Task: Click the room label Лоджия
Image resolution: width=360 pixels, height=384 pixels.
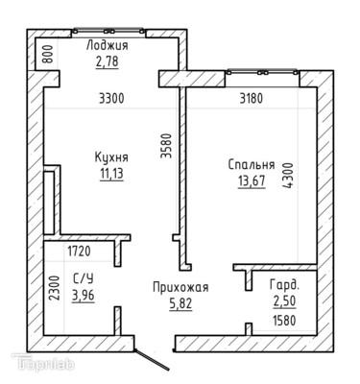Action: [108, 46]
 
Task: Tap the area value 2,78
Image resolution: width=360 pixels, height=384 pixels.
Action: [108, 60]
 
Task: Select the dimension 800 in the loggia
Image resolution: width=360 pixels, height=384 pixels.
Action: [48, 54]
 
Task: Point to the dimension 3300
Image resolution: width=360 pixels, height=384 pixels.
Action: [111, 99]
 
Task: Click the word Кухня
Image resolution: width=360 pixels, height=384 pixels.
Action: [111, 157]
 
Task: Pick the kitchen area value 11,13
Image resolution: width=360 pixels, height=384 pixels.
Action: [111, 174]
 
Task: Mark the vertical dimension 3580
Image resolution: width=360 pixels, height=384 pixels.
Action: [167, 146]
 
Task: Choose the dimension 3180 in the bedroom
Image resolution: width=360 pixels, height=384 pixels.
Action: [252, 99]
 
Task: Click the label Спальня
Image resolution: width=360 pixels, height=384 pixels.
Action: [252, 165]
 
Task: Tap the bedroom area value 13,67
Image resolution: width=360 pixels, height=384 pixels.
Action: [252, 181]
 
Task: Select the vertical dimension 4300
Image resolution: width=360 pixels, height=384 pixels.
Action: [288, 176]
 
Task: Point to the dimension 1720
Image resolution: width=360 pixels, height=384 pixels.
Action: [79, 252]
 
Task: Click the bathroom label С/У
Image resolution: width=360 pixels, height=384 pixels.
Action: [84, 279]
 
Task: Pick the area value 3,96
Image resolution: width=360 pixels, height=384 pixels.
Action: [84, 296]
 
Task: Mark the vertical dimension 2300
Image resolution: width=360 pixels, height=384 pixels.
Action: [55, 288]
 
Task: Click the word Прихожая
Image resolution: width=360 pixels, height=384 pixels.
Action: [180, 287]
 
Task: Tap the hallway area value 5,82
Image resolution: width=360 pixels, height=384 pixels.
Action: [180, 303]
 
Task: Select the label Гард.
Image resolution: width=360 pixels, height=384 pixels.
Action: [284, 285]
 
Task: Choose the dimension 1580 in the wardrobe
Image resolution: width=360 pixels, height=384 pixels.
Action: [284, 321]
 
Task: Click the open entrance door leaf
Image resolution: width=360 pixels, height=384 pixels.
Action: [152, 360]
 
